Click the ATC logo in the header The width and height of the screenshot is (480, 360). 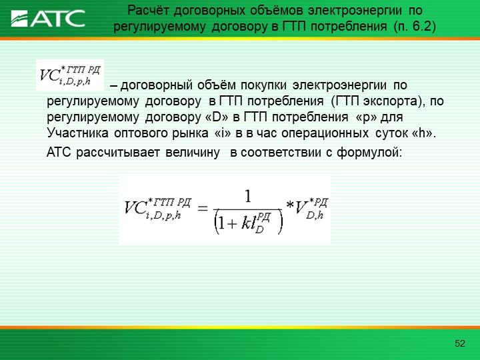coord(48,19)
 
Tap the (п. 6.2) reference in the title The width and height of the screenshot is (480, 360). coord(415,27)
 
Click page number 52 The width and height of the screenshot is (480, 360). coord(460,343)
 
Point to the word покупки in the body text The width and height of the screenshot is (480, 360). coord(263,85)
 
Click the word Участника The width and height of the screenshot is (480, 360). coord(77,133)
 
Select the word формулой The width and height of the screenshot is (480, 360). coord(369,152)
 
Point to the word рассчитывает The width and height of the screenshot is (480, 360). coord(117,152)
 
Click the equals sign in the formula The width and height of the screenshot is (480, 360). coord(203,209)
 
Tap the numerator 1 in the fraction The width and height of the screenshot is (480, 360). coord(248,196)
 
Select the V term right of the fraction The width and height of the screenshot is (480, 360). coord(311,209)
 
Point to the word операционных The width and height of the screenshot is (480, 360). coord(325,133)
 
